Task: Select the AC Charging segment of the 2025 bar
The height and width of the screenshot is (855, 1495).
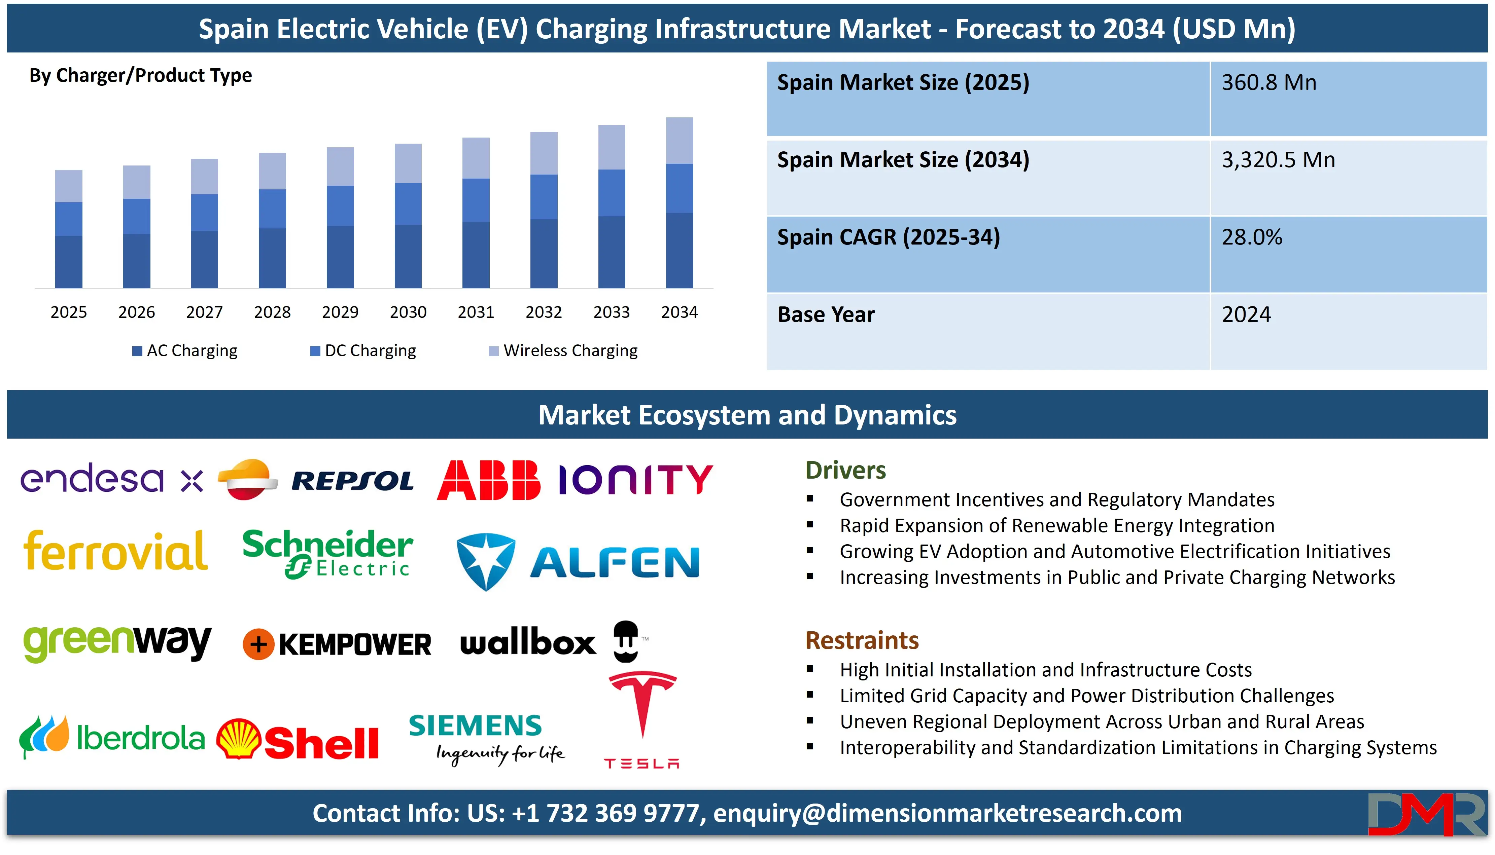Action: [x=69, y=262]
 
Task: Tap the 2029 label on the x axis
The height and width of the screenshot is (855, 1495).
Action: [x=340, y=312]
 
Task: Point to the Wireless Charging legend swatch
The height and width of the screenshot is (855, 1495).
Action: [x=493, y=351]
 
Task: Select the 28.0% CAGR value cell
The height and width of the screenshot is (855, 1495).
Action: [x=1252, y=237]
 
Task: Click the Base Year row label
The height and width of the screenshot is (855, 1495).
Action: [x=826, y=315]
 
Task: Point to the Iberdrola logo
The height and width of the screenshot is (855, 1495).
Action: [x=112, y=738]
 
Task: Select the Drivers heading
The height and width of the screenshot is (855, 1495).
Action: [x=845, y=470]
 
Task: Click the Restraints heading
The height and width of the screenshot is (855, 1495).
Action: [x=862, y=640]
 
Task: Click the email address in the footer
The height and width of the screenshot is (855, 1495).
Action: [x=947, y=813]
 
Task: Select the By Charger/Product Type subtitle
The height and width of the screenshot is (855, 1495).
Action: [x=140, y=76]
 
